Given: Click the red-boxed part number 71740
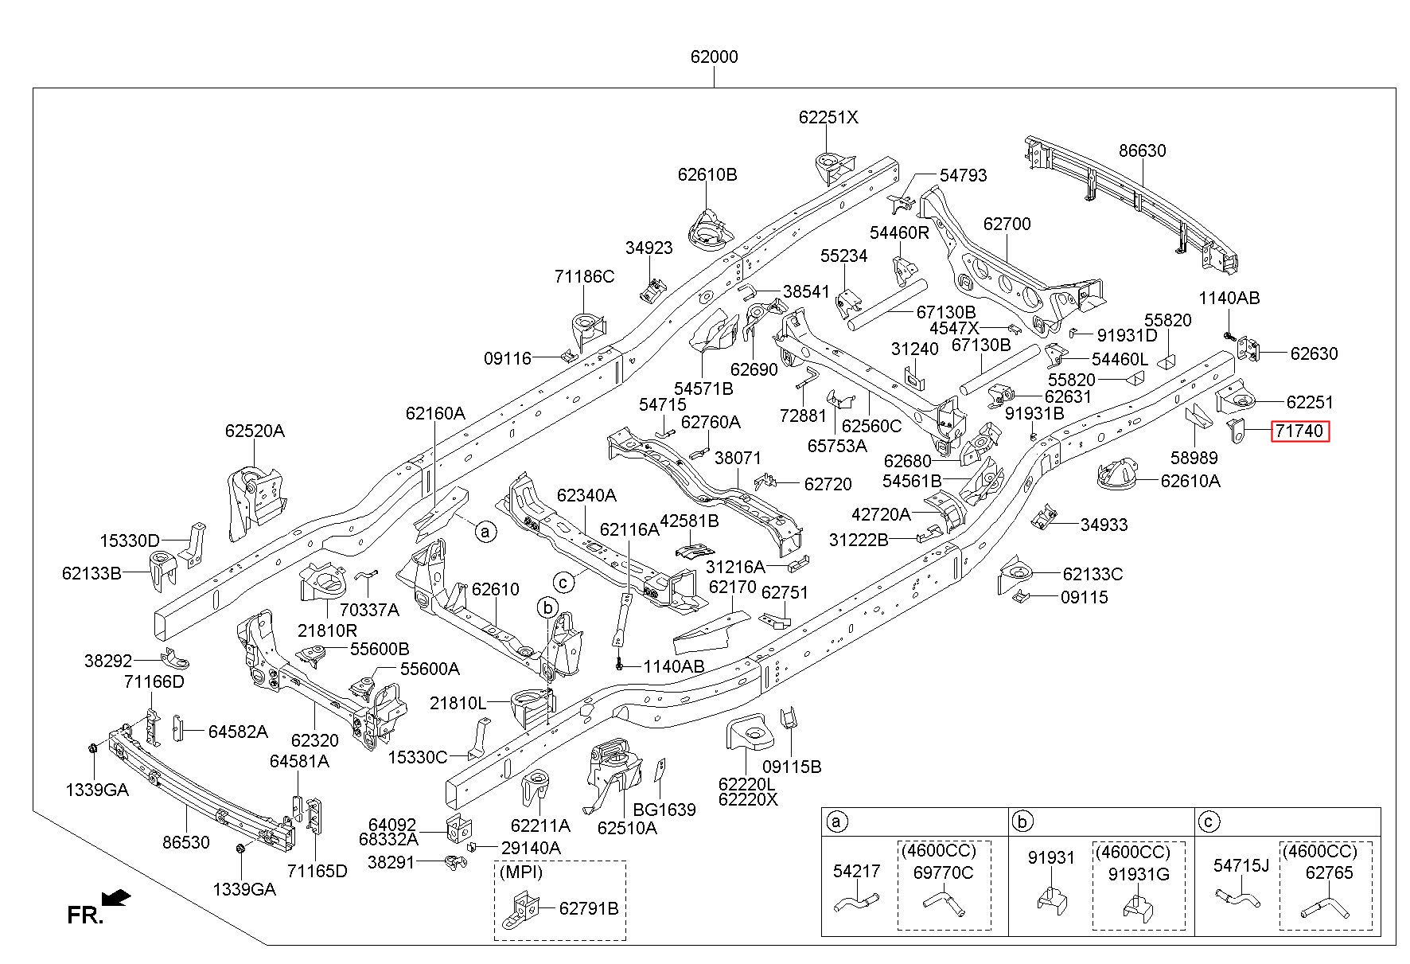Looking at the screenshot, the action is coord(1299,431).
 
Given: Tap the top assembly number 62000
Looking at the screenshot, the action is coord(714,57).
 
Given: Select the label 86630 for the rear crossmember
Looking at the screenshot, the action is coord(1143,150).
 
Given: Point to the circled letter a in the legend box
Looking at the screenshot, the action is coord(835,822).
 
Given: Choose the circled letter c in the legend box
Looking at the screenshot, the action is coord(1208,822).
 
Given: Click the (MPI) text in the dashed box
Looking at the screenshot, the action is coord(521,872).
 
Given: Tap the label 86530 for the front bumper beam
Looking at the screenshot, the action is coord(186,842).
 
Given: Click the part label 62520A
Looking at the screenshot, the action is coord(255,431).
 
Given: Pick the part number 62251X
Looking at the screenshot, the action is coord(829,117).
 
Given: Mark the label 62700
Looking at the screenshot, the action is coord(1007,224).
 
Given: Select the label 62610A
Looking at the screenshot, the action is coord(1190,480).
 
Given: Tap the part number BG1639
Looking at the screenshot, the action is coord(664,810).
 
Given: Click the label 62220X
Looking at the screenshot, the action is coord(748,799).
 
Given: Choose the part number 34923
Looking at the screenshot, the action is coord(649,248).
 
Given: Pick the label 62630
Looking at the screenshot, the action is coord(1314,353).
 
